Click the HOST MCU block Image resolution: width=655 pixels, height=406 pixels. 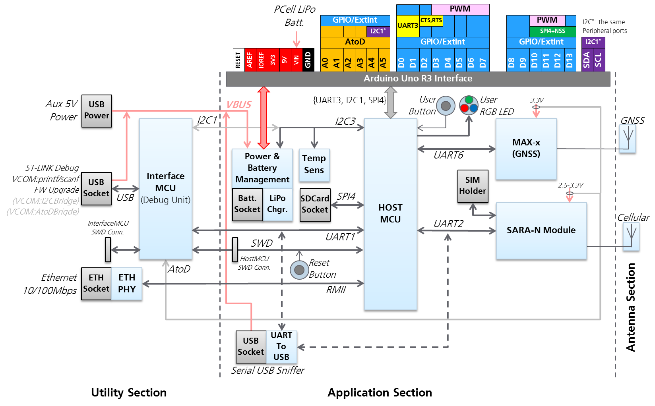tap(390, 215)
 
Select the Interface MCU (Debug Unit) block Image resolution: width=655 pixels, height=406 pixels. tap(165, 189)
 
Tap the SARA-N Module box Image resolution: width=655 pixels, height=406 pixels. tap(541, 231)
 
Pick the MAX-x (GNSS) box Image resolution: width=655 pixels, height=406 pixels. tap(526, 149)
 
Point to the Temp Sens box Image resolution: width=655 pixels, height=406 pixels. tap(314, 165)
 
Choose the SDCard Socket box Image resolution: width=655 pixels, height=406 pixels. tap(314, 205)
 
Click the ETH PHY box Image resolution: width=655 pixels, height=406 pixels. tap(127, 284)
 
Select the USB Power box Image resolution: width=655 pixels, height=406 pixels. tap(97, 111)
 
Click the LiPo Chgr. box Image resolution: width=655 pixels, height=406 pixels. tap(277, 204)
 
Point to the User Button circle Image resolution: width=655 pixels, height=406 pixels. tap(446, 106)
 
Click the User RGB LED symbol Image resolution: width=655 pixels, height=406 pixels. tap(469, 105)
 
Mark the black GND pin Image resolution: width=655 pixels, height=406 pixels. tap(308, 60)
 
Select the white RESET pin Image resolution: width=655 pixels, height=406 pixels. tap(238, 60)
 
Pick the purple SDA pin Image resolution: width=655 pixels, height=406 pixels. tap(587, 60)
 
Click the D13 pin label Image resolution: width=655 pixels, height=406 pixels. tap(570, 60)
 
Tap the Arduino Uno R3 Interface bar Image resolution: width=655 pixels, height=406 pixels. tap(418, 79)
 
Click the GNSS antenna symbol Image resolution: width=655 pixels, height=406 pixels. tap(628, 138)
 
